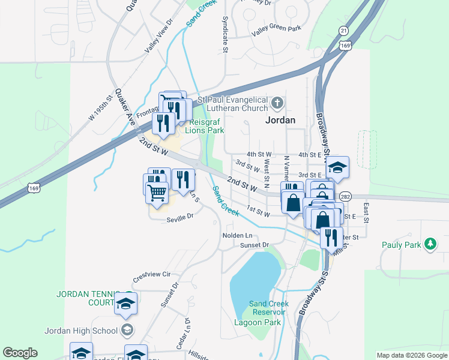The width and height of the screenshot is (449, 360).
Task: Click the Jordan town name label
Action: pyautogui.click(x=280, y=119)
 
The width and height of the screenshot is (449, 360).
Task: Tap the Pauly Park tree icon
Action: pyautogui.click(x=430, y=244)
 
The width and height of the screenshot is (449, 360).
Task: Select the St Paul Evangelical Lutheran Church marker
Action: pyautogui.click(x=277, y=103)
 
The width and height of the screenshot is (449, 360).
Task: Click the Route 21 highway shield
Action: pyautogui.click(x=343, y=31)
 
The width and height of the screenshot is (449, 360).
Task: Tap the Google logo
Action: pyautogui.click(x=20, y=353)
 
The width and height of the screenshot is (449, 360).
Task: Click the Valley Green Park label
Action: pyautogui.click(x=276, y=28)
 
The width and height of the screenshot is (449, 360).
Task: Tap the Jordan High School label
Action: pyautogui.click(x=81, y=330)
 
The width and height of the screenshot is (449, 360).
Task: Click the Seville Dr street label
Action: pyautogui.click(x=181, y=217)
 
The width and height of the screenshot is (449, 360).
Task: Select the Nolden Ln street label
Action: pyautogui.click(x=237, y=235)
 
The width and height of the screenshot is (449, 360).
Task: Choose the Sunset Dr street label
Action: pyautogui.click(x=255, y=245)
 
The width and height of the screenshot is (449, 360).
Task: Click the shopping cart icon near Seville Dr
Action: pyautogui.click(x=157, y=193)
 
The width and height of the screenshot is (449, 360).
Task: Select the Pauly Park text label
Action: pyautogui.click(x=402, y=244)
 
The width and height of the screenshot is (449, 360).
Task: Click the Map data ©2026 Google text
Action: pyautogui.click(x=412, y=355)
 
